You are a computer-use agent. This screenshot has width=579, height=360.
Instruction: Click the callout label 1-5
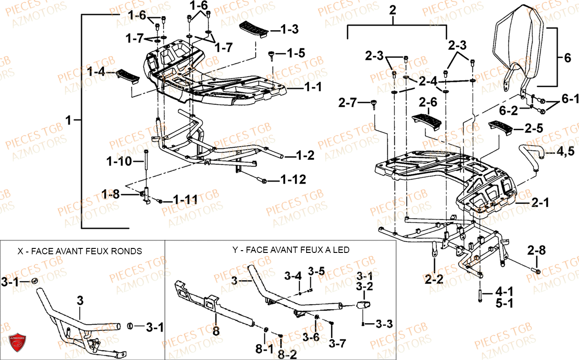(295, 53)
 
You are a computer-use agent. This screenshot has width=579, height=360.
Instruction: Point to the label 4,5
(565, 152)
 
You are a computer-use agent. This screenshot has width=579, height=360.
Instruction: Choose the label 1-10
(119, 160)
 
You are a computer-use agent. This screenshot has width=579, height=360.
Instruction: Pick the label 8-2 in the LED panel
(286, 355)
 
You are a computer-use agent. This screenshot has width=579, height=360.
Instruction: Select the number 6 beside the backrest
(567, 58)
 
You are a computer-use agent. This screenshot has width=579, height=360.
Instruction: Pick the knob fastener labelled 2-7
(373, 105)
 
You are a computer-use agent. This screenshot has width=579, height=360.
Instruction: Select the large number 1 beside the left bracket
(68, 120)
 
